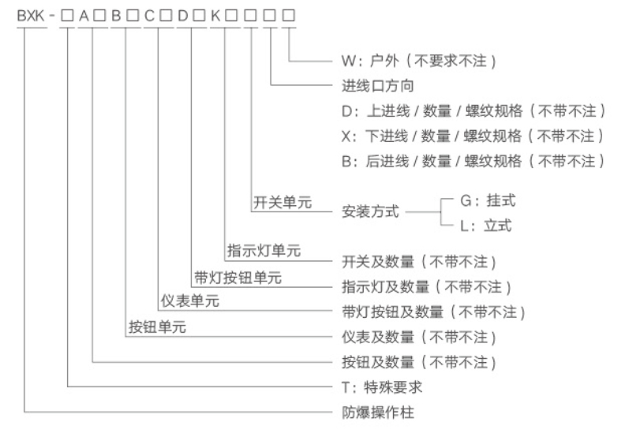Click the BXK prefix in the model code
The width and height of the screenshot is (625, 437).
(31, 16)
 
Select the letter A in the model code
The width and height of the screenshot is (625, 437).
(84, 16)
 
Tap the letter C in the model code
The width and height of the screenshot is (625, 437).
(149, 16)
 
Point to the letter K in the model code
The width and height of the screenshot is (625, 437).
(215, 16)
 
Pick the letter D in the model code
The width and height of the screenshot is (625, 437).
(182, 16)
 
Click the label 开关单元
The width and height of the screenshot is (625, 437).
(283, 203)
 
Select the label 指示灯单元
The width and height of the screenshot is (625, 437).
(264, 251)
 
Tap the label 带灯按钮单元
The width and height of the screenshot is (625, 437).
(238, 277)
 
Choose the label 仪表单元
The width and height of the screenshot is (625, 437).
(190, 301)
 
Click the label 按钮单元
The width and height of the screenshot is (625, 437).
(158, 327)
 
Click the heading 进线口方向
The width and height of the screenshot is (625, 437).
(378, 86)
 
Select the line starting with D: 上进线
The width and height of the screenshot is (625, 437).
(473, 110)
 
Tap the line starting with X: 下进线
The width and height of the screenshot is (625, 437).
(473, 136)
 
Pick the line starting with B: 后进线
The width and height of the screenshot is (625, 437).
(473, 162)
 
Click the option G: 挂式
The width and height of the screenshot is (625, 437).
(488, 200)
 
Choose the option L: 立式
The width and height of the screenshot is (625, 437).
(486, 226)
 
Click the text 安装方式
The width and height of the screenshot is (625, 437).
(370, 211)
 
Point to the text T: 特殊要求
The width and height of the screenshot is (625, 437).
(382, 387)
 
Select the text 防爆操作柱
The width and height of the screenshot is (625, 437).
(378, 413)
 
